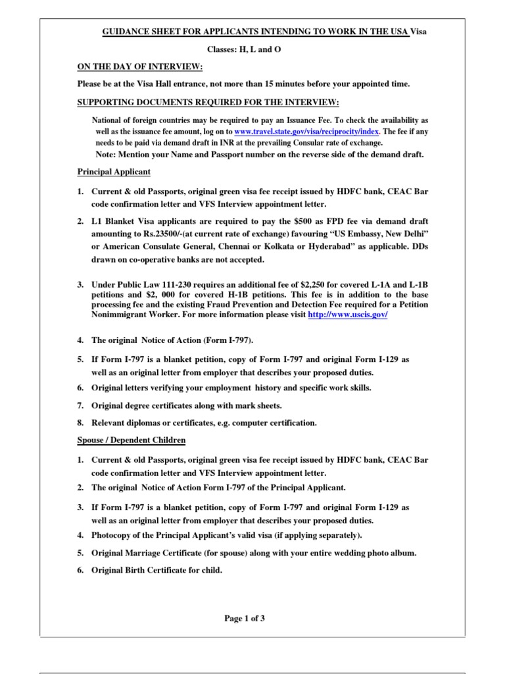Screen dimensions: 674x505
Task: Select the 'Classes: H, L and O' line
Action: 244,50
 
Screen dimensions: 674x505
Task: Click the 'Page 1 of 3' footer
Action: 245,618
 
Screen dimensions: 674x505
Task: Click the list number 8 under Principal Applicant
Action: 80,422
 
